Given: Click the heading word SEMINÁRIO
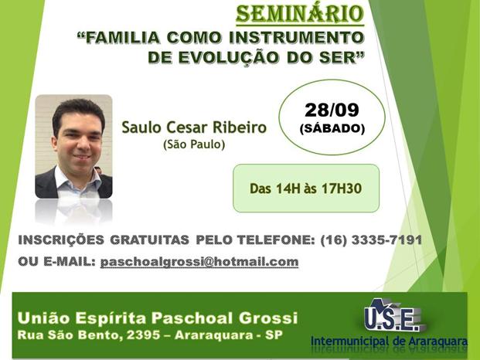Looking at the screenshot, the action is (300, 14).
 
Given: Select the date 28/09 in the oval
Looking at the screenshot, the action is (332, 110).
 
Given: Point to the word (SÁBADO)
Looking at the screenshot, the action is (332, 128).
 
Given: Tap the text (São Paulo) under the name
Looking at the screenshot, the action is (194, 144).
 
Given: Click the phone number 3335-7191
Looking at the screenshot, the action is (386, 240).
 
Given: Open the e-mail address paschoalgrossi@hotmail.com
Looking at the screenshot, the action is (199, 262).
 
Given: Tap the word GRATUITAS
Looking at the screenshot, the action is (149, 239).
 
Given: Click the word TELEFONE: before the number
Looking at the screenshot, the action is (276, 240).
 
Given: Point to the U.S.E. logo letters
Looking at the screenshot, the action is (392, 319).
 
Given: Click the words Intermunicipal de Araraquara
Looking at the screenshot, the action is (389, 341).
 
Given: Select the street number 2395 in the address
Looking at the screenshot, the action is (143, 335).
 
